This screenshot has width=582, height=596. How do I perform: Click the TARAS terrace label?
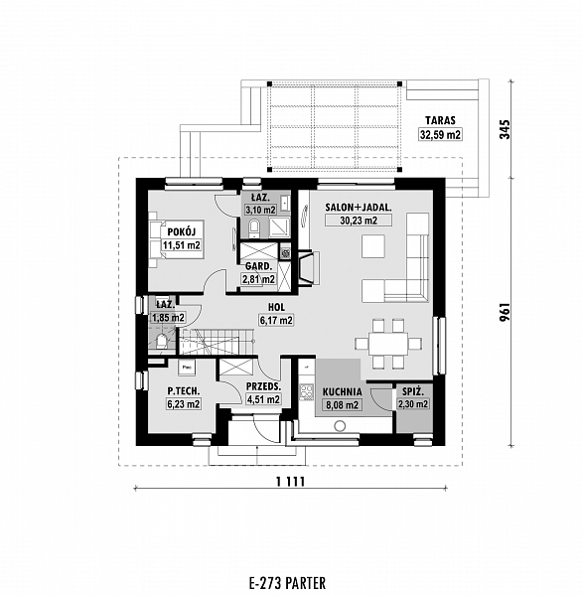[440, 120]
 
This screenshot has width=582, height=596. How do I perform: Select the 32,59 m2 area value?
[441, 134]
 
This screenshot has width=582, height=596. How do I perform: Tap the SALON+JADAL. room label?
[359, 208]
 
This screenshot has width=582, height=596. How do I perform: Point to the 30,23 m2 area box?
[359, 221]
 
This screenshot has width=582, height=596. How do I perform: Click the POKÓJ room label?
[182, 231]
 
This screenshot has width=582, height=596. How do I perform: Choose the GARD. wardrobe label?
[258, 266]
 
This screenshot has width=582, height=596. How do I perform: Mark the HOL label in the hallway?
[276, 307]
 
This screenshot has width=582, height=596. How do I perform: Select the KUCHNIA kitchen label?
[342, 392]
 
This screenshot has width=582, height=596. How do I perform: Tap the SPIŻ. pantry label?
[412, 391]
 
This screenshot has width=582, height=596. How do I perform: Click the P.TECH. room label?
[184, 390]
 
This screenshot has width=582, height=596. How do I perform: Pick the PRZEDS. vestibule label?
[263, 387]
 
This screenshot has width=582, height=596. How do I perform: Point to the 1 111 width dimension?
[290, 482]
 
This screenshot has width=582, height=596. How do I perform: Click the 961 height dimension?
[505, 312]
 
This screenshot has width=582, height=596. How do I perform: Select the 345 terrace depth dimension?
[505, 129]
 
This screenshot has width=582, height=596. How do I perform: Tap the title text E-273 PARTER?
[287, 583]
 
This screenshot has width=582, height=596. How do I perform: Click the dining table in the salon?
[388, 344]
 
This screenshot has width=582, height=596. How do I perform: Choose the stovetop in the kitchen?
[307, 392]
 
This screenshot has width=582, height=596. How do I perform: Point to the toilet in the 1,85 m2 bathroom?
[162, 342]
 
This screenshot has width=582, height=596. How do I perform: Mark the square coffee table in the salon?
[373, 246]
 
